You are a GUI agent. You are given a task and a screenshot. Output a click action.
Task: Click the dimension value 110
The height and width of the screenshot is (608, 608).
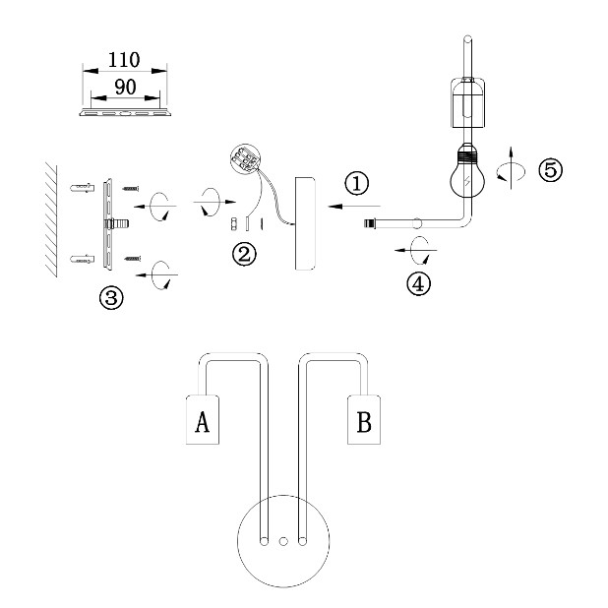point(124,60)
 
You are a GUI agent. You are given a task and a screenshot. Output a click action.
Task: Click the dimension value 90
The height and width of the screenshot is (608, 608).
point(125,87)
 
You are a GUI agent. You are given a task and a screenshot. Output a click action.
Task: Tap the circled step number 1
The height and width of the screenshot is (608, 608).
point(357,183)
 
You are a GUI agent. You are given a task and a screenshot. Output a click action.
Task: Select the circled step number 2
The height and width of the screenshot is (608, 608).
point(244,255)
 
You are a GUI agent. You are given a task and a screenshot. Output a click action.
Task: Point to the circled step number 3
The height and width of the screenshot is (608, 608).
point(111,298)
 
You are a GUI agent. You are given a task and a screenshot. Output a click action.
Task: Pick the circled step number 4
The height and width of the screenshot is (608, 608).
point(418,284)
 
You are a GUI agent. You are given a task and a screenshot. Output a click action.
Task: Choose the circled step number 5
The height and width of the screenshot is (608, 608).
point(551,170)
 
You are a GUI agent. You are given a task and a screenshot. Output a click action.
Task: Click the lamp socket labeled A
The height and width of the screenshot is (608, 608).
point(203,419)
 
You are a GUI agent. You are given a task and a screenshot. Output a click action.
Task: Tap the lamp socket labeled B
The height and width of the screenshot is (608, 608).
point(364,419)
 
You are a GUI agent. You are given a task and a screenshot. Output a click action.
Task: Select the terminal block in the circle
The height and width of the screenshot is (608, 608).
point(245,157)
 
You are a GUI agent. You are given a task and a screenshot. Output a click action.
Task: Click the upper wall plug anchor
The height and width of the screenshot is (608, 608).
point(83,188)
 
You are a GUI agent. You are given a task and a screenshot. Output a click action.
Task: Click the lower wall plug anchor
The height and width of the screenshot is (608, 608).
point(83,259)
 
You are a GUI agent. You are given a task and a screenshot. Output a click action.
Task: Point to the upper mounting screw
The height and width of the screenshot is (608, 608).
point(131,189)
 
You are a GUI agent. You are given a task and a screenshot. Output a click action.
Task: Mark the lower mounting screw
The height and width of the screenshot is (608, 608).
point(132,259)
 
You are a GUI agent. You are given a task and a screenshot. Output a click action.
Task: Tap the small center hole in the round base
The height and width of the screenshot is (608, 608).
point(283,541)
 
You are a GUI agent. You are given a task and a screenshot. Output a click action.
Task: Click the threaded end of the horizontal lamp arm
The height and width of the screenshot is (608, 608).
point(370,223)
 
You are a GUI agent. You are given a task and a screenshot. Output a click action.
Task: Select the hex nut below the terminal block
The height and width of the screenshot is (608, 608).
point(234,224)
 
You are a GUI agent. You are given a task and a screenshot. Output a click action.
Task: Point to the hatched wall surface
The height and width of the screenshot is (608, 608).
point(51,219)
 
